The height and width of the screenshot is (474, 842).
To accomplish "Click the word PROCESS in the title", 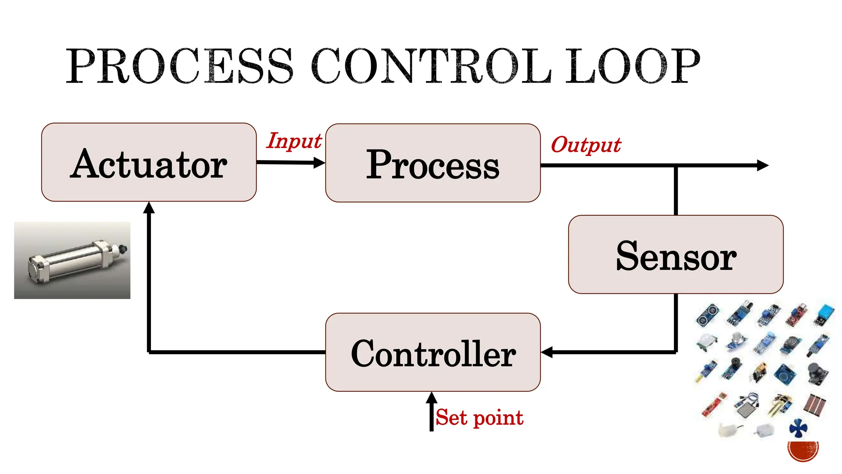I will (180, 66).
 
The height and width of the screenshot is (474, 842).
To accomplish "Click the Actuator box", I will (149, 163).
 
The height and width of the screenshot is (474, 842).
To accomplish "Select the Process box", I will (433, 163).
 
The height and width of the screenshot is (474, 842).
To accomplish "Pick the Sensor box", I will (675, 255).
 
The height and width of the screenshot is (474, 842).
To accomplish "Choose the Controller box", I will (433, 353).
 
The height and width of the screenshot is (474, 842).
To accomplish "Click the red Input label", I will (294, 141).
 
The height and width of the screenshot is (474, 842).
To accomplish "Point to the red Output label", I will (585, 145).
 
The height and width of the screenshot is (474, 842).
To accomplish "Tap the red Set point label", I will (479, 418).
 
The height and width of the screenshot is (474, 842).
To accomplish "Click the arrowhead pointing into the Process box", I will (319, 163).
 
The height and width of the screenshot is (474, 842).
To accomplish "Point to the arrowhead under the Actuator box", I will (149, 208).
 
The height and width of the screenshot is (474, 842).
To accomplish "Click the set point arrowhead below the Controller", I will (431, 398).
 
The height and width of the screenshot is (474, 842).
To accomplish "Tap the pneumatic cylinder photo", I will (72, 260).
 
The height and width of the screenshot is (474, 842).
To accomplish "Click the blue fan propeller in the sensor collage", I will (798, 428).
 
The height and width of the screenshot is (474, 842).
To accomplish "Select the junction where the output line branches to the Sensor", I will (675, 166).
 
